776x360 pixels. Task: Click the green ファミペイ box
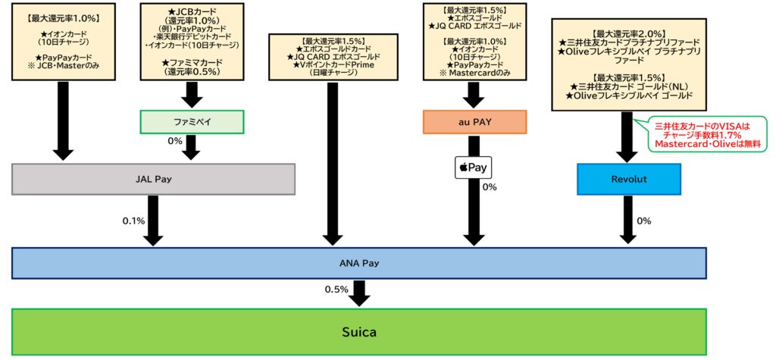point(191,121)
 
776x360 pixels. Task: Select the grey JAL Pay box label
point(153,180)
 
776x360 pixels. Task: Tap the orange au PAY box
point(473,121)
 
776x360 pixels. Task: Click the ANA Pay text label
point(359,263)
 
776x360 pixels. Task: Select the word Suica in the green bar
point(359,332)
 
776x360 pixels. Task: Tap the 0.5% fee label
point(336,290)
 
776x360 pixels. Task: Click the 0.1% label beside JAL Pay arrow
point(133,221)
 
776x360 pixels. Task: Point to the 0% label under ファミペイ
point(175,140)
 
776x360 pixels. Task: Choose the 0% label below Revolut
point(644,221)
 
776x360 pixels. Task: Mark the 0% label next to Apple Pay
point(490,186)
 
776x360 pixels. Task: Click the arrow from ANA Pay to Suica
point(360,293)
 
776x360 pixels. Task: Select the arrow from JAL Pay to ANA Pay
point(153,221)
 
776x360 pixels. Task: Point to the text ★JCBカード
point(191,11)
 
